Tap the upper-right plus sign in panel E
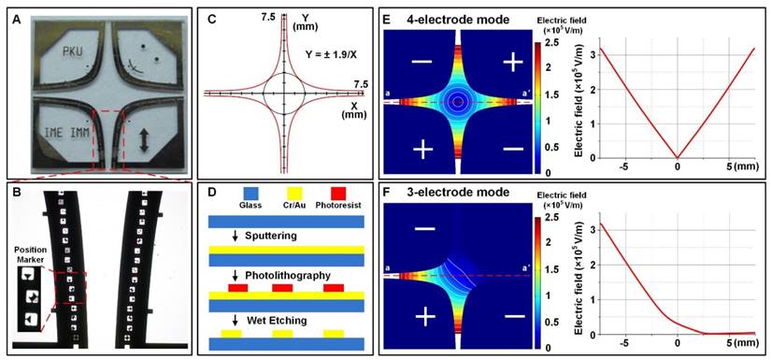511,62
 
